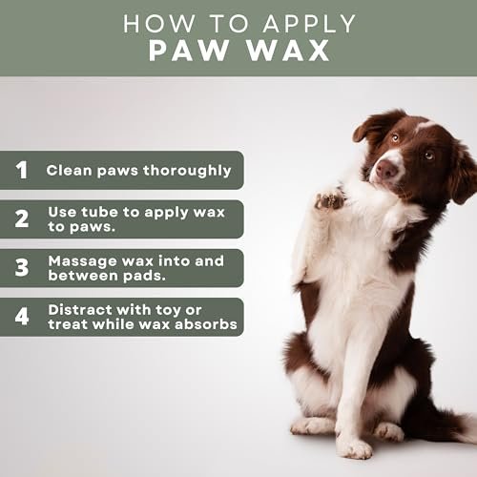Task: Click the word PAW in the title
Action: (x=189, y=51)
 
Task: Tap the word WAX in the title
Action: (x=288, y=51)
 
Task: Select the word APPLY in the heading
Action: (x=309, y=24)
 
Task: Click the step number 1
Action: (x=22, y=170)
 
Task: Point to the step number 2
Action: (x=22, y=218)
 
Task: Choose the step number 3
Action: (x=22, y=267)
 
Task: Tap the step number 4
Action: (x=22, y=317)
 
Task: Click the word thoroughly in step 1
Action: (x=187, y=171)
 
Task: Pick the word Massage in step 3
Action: (x=83, y=262)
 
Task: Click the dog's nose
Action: (x=386, y=169)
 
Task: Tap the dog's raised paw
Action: (x=330, y=199)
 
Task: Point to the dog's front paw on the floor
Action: (x=354, y=446)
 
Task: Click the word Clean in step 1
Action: (x=69, y=170)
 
